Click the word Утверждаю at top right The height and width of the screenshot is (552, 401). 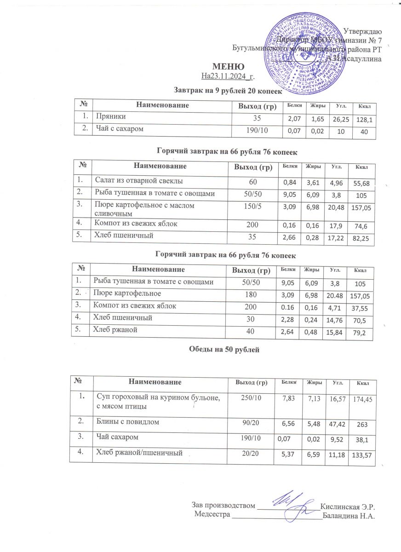[x=362, y=31]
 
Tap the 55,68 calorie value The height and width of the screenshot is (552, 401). [x=361, y=183]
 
